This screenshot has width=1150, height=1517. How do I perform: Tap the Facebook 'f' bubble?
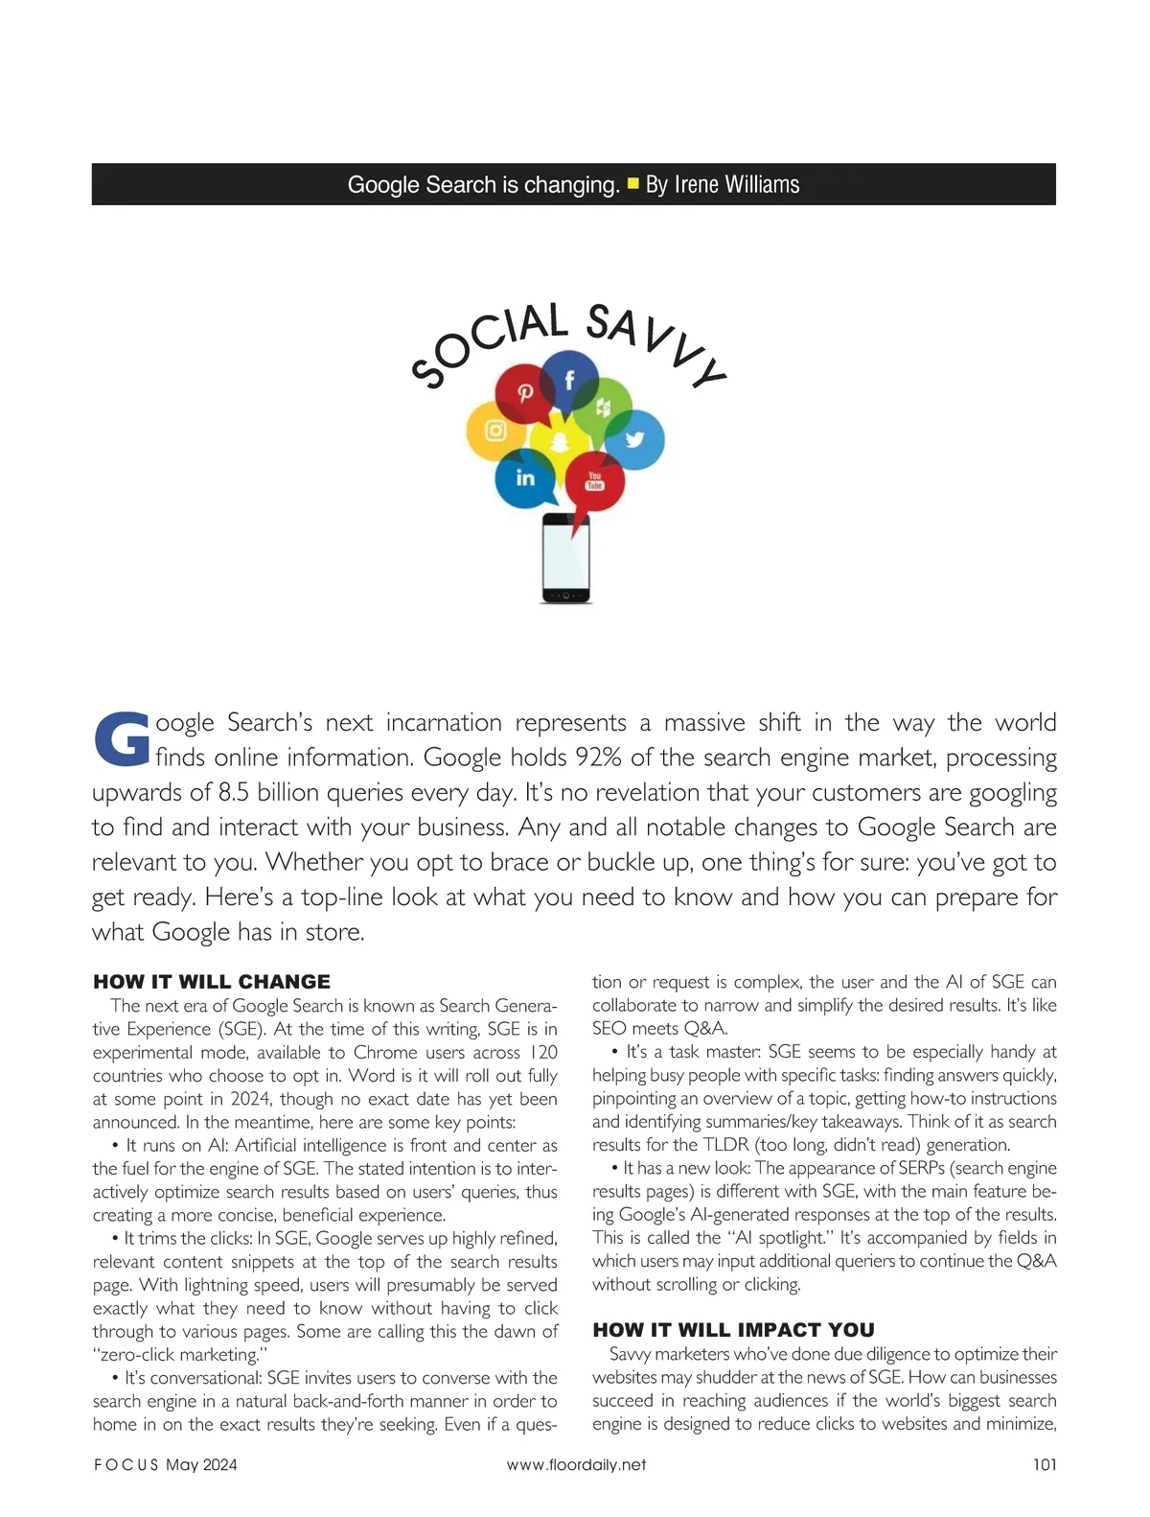point(569,381)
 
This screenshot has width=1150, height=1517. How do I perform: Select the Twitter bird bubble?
point(634,440)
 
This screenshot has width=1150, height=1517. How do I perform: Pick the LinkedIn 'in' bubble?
point(525,478)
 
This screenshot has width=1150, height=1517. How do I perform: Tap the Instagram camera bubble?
point(495,431)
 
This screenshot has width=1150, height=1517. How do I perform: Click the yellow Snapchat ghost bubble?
point(561,441)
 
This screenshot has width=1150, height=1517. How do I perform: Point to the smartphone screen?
point(566,555)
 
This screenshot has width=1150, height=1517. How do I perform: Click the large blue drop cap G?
point(122,739)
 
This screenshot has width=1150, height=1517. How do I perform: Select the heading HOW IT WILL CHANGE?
point(212,982)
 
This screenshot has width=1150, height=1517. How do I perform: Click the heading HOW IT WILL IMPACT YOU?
point(733,1330)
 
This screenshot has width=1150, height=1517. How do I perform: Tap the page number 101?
point(1045,1464)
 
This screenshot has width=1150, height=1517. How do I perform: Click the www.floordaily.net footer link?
point(576,1464)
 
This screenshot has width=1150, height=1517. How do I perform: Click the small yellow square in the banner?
point(632,182)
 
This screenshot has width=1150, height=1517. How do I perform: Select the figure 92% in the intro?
point(598,758)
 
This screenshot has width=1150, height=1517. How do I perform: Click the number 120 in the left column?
point(542,1052)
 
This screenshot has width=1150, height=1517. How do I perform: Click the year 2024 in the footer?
point(218,1464)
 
